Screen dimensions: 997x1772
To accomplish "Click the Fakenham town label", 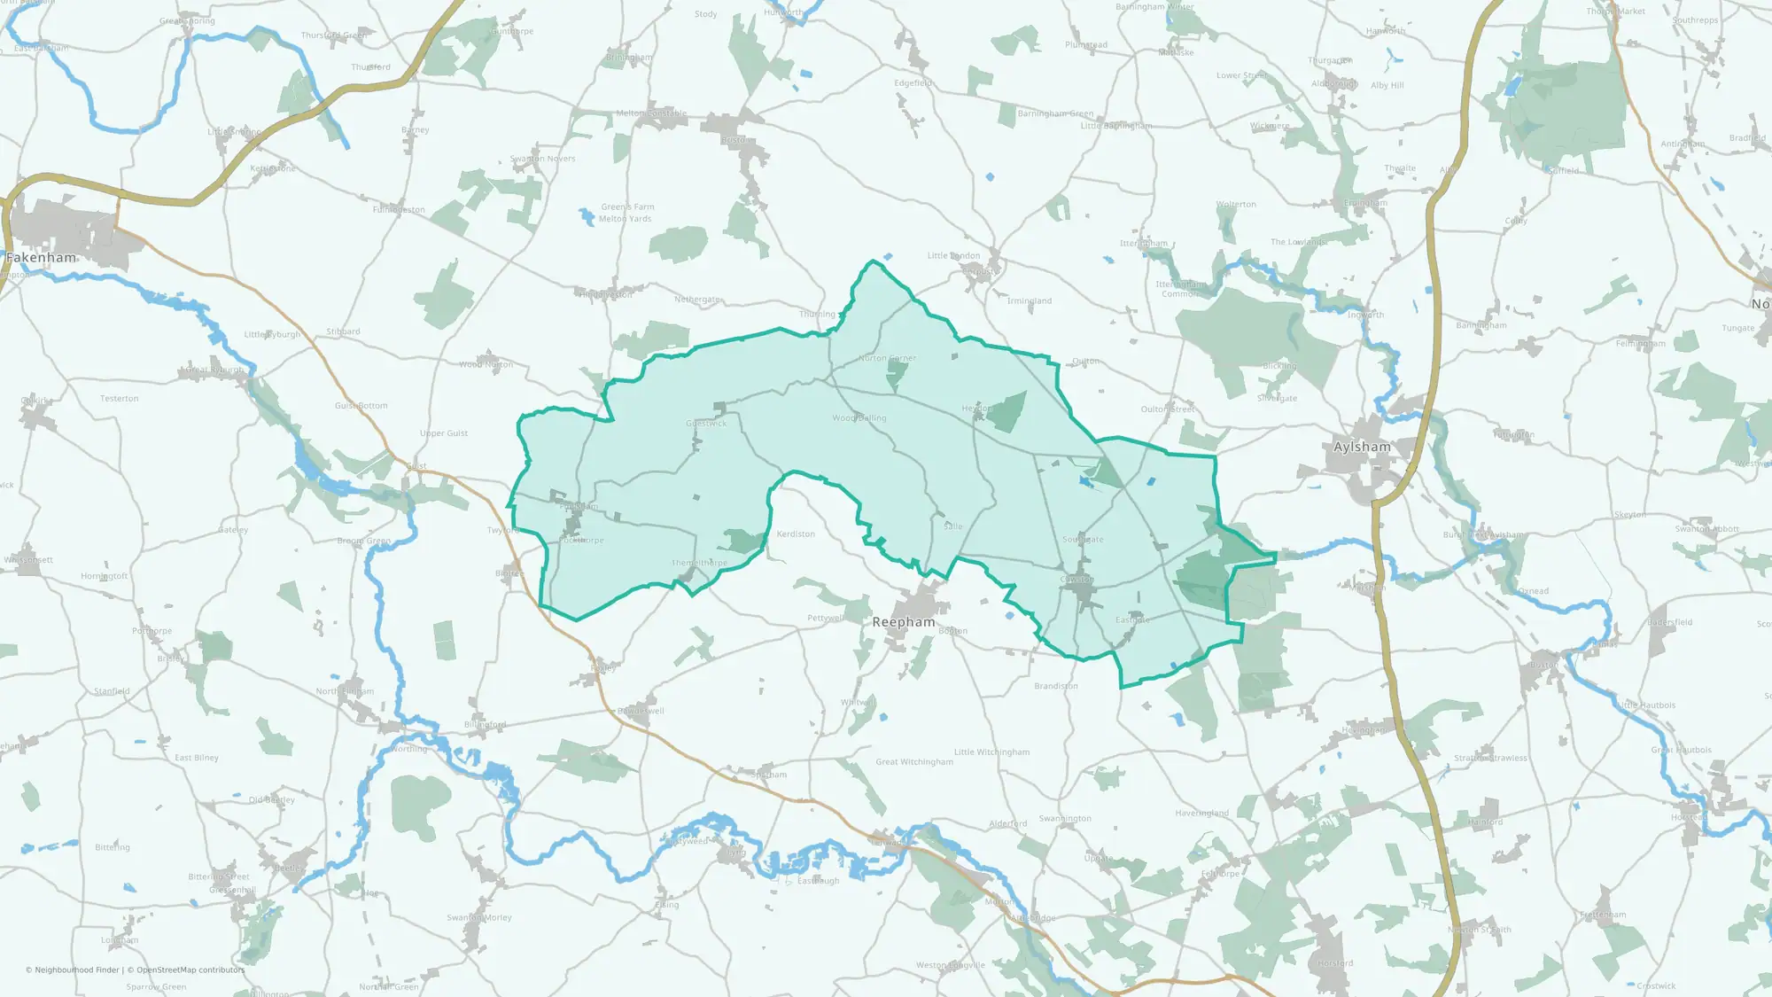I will coord(41,258).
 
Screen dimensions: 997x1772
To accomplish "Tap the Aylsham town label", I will coord(1362,447).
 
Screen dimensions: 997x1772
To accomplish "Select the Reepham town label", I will coord(903,622).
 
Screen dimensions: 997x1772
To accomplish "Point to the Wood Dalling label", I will coord(859,418).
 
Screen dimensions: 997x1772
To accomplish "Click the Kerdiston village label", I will coord(796,534).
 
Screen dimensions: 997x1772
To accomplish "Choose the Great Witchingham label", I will coord(914,762).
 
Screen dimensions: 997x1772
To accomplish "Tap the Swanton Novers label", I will coord(542,160).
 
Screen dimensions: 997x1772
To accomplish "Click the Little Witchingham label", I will coord(991,752).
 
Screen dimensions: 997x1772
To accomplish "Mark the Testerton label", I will coord(119,399).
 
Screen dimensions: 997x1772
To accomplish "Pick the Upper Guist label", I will coord(444,433).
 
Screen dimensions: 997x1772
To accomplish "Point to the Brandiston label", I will coord(1056,686).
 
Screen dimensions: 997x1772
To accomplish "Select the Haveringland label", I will coord(1201,814).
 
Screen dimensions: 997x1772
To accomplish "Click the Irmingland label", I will coord(1029,301).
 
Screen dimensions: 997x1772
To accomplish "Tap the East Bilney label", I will coord(196,758).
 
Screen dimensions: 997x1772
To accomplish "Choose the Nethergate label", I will coord(697,300).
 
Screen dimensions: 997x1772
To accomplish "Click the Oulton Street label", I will coord(1167,409).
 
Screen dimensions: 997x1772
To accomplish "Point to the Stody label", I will coord(705,14).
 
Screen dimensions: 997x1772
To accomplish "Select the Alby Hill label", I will coord(1387,86).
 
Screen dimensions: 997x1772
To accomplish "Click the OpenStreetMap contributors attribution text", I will coord(190,970).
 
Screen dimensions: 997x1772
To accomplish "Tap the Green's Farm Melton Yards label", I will coord(626,213).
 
